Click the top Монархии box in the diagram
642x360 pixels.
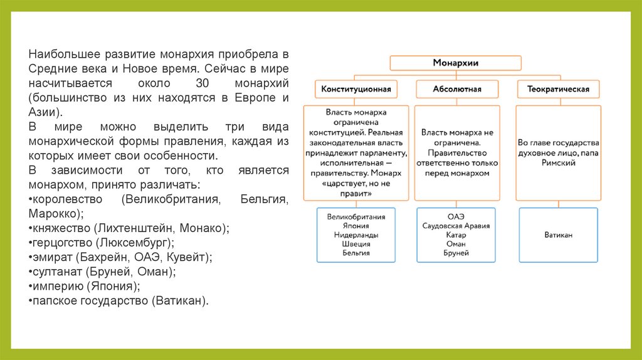[x=456, y=63]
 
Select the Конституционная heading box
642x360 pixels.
[x=355, y=89]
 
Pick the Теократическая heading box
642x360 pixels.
[x=553, y=89]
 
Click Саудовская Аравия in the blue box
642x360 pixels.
[x=456, y=226]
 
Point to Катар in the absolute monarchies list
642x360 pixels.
[x=456, y=235]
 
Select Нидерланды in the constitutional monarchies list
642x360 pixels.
[x=355, y=235]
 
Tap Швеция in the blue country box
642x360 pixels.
[x=355, y=244]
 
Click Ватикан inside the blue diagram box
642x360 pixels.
[x=558, y=235]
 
